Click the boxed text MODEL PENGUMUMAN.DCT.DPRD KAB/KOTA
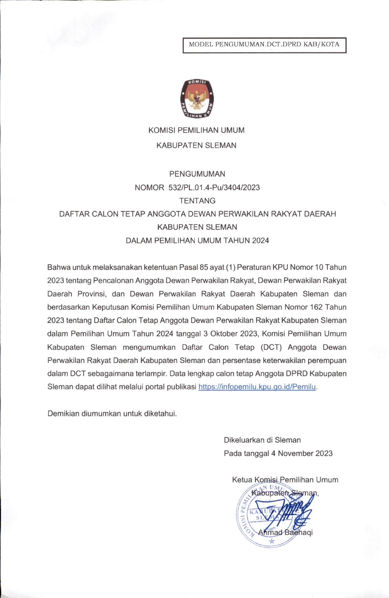click(x=264, y=44)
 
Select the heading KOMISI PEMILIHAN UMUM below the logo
click(x=196, y=130)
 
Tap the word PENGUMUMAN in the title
click(x=197, y=174)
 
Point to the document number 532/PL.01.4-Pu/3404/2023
click(x=214, y=187)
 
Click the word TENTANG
click(x=197, y=201)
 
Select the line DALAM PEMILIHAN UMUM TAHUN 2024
click(x=197, y=241)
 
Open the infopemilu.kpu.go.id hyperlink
click(x=257, y=387)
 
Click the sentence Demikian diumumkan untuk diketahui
click(x=112, y=414)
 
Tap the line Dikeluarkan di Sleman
click(x=262, y=440)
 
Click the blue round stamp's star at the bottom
click(x=272, y=542)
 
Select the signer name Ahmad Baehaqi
click(x=285, y=532)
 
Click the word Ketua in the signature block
click(x=242, y=480)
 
